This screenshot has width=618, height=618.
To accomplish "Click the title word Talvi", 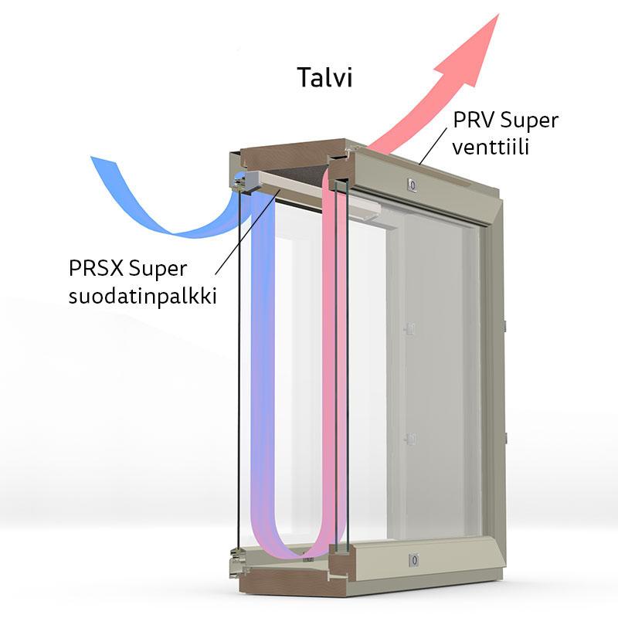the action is pyautogui.click(x=324, y=77).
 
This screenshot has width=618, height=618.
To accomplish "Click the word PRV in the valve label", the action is pyautogui.click(x=472, y=121).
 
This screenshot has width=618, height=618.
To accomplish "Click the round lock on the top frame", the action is pyautogui.click(x=412, y=184).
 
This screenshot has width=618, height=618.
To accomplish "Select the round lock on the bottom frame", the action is pyautogui.click(x=414, y=559).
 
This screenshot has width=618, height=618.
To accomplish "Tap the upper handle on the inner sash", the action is pyautogui.click(x=411, y=328).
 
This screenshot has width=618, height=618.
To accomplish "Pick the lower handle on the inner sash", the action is pyautogui.click(x=411, y=439).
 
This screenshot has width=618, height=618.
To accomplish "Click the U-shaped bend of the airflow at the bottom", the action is pyautogui.click(x=297, y=545).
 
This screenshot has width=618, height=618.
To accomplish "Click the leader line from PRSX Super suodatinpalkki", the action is pyautogui.click(x=243, y=232).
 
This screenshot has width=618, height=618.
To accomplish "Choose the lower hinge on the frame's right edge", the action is pyautogui.click(x=503, y=437).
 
